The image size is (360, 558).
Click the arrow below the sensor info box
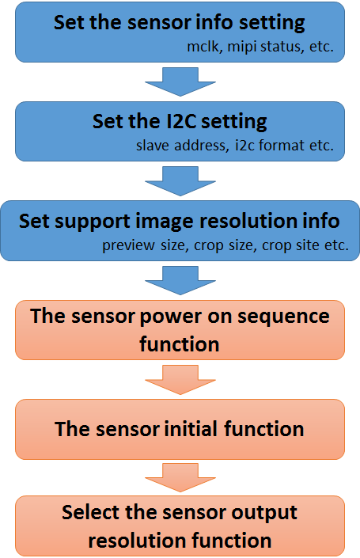(180, 82)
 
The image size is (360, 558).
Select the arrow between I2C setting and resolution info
(180, 181)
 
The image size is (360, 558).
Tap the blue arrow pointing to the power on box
(180, 280)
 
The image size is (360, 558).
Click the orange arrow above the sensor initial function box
(180, 380)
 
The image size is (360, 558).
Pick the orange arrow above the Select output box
(180, 477)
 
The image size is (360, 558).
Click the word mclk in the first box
(205, 47)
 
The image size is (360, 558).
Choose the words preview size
(145, 245)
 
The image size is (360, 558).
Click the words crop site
(290, 245)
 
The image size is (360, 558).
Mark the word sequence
(283, 317)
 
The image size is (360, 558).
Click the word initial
(191, 429)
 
